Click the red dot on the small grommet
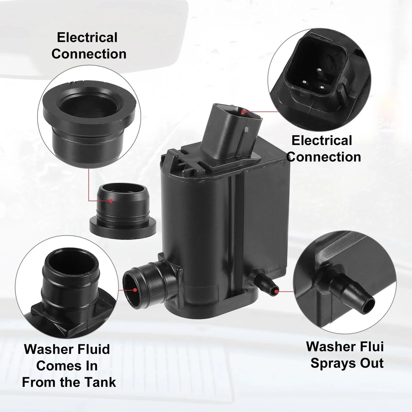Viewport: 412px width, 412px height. click(111, 201)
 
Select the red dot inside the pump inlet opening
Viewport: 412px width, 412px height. click(135, 290)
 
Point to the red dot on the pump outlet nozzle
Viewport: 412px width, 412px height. click(276, 291)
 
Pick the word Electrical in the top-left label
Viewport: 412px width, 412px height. click(87, 38)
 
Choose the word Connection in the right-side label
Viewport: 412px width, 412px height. click(324, 157)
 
